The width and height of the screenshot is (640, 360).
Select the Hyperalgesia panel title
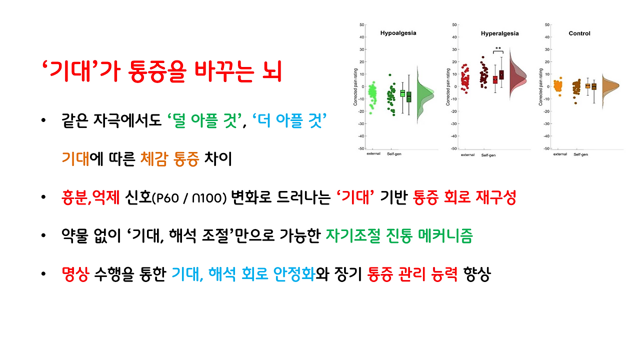click(x=499, y=33)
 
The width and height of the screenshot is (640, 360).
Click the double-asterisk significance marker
click(x=498, y=48)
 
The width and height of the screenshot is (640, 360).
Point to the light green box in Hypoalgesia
click(x=402, y=93)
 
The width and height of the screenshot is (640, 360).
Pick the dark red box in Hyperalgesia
click(x=501, y=75)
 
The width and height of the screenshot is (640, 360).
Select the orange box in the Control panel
click(x=587, y=86)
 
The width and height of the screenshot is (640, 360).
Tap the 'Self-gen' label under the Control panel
click(x=580, y=154)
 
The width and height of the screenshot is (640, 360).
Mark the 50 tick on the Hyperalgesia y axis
click(x=454, y=24)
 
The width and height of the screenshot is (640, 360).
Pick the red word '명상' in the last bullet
click(x=75, y=274)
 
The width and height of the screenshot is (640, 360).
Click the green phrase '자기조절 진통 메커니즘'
click(x=398, y=236)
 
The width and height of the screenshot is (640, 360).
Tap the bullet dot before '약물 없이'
click(x=45, y=236)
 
